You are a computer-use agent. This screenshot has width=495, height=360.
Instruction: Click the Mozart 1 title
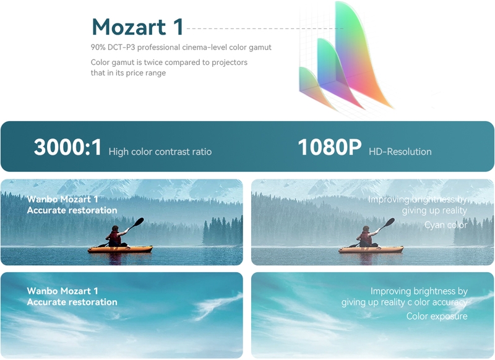coord(137,27)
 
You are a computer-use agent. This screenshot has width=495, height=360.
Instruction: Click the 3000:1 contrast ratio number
coord(67,147)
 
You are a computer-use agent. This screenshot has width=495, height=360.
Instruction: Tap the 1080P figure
coord(330,147)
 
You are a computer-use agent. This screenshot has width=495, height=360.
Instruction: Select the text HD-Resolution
coord(400,152)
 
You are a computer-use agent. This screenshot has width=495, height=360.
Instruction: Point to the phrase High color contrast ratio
coord(160,152)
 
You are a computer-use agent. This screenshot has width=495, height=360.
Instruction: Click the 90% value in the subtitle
coord(98,48)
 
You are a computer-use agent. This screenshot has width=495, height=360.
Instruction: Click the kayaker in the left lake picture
coord(116,236)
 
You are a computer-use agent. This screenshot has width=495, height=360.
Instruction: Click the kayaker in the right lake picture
coord(366,236)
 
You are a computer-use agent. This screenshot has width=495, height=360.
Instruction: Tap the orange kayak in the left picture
coord(120,249)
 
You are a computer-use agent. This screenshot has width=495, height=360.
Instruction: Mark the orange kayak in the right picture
coord(371,249)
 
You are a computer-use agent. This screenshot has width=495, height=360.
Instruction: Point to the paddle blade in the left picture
coord(138,222)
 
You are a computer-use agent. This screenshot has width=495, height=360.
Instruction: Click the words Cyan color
coord(445,225)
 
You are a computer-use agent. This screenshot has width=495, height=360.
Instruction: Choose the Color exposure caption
coord(437,316)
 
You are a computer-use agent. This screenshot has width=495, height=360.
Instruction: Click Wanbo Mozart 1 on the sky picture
coord(62,291)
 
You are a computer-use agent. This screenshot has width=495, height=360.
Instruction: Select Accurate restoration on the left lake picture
coord(72,210)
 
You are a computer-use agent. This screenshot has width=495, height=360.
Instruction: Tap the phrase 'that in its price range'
coord(128,73)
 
